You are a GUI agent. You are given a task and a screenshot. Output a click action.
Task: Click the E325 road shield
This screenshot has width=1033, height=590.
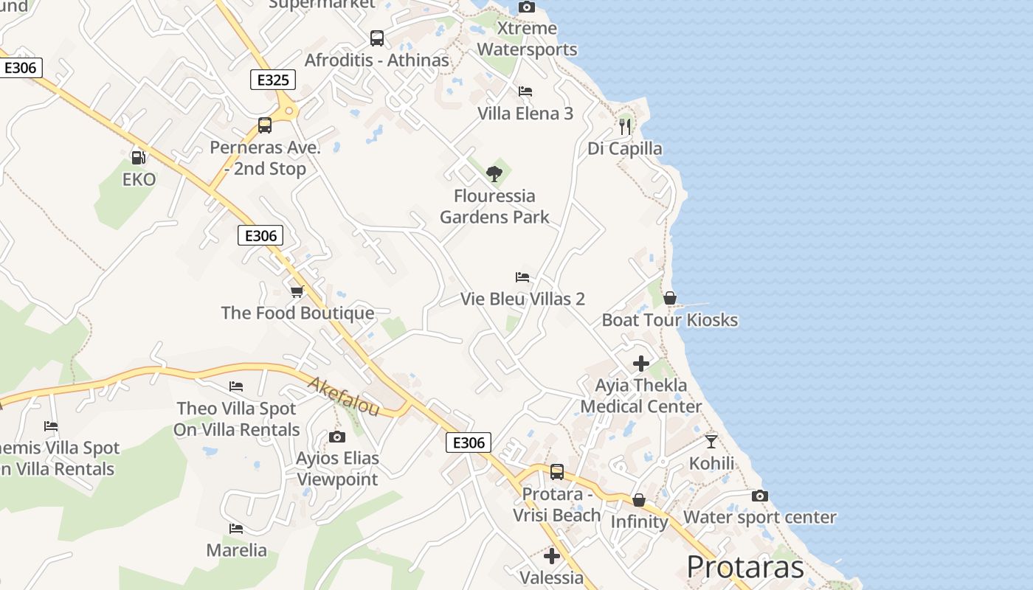coord(273,80)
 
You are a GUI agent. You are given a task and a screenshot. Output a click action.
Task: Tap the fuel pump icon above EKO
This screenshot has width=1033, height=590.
coord(138,157)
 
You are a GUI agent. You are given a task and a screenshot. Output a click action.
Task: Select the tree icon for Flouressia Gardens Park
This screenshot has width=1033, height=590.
coord(494,174)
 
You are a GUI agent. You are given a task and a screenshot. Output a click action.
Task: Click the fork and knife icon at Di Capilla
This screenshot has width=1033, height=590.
coord(625,126)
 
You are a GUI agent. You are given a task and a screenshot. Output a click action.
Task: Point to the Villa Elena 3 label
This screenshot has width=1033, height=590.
coord(525,114)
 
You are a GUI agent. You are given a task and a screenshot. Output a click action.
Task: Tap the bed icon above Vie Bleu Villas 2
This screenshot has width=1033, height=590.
coord(522,277)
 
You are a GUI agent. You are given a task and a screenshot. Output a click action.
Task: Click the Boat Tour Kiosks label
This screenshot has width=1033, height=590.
coord(670,320)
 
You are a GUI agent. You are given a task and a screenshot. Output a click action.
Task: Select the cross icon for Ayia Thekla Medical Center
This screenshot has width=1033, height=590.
coord(640,363)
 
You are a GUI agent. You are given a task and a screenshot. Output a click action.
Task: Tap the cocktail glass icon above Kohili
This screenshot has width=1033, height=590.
coord(711,441)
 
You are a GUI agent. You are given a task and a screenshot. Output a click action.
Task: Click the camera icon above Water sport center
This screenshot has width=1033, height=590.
coord(760,496)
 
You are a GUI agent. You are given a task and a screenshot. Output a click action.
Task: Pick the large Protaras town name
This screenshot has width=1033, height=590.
coord(745,566)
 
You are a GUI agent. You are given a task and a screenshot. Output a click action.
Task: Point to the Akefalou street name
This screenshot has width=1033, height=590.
coord(342,396)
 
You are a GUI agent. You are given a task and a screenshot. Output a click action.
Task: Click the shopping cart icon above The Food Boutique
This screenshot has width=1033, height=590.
coord(297,291)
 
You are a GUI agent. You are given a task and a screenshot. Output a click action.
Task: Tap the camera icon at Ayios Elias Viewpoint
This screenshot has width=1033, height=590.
coord(337,437)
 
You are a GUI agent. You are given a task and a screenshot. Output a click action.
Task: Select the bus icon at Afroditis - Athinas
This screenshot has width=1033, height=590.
coord(377,38)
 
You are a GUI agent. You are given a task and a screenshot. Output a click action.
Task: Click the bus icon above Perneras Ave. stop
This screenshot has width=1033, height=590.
coord(265,125)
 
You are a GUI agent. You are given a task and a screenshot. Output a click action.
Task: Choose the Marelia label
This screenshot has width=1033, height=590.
coord(236,550)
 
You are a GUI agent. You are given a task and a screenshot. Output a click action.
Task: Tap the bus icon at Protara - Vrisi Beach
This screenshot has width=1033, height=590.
coord(557,472)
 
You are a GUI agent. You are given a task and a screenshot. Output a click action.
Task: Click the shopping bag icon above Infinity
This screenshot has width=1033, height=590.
coord(639,500)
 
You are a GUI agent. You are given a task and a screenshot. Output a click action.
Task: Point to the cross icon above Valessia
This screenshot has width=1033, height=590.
coord(552,555)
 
